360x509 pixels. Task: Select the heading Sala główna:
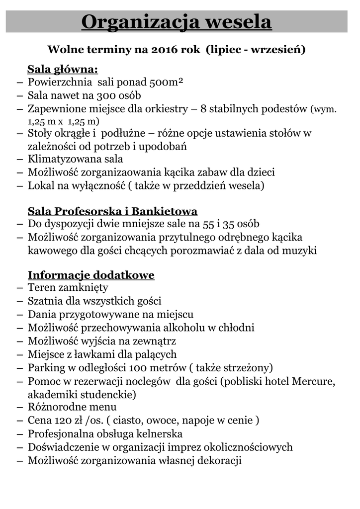pos(63,69)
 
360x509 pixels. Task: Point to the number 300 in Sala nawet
pos(106,95)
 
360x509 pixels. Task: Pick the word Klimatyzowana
pos(62,159)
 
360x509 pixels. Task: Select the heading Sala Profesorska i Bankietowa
pos(112,211)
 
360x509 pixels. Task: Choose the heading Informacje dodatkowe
pos(91,275)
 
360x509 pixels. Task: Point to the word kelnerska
pos(161,433)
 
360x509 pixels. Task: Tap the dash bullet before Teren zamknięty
pos(20,288)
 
